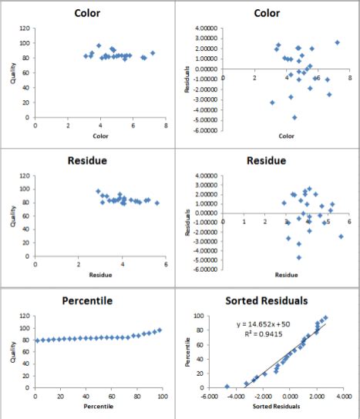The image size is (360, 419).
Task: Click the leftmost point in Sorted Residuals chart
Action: pyautogui.click(x=227, y=386)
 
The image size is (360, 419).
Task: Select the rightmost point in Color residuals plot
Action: pyautogui.click(x=337, y=42)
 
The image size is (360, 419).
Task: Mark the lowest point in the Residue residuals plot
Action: pyautogui.click(x=299, y=256)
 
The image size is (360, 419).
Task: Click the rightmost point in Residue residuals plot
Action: pyautogui.click(x=341, y=236)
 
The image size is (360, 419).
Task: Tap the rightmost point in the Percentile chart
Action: pyautogui.click(x=160, y=330)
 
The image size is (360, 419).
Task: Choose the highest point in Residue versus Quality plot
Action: pyautogui.click(x=98, y=191)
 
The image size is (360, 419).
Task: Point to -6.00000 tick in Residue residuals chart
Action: pyautogui.click(x=204, y=269)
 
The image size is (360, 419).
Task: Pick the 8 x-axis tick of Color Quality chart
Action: pyautogui.click(x=165, y=126)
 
